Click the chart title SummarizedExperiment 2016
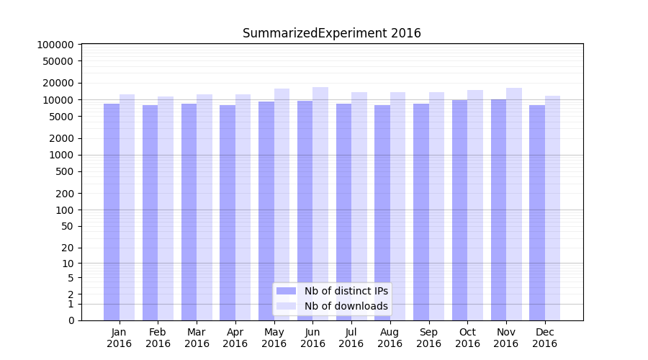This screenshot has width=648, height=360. (x=331, y=33)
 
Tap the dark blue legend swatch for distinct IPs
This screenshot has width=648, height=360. (x=286, y=291)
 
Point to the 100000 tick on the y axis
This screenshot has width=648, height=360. (x=55, y=45)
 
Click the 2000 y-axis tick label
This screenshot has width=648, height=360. (x=60, y=138)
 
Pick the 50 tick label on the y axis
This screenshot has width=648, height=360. (x=66, y=226)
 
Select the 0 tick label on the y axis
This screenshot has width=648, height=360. (x=70, y=320)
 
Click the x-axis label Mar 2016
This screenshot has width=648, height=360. (x=197, y=338)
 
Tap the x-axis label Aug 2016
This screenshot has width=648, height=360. (x=390, y=338)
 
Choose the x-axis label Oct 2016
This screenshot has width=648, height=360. (x=467, y=338)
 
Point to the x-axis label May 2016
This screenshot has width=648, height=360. (x=274, y=338)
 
